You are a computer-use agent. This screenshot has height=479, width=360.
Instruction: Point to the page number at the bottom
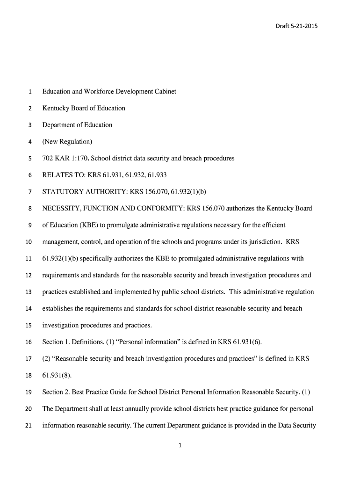click(x=180, y=446)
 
